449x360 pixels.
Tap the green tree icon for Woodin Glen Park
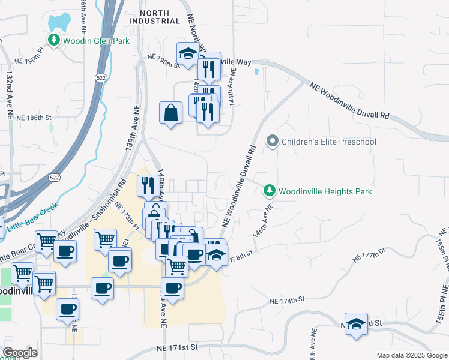[x=55, y=40]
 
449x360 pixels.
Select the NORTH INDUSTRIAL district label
[x=160, y=16]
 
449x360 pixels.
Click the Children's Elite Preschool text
[x=330, y=142]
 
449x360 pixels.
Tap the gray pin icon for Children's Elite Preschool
[x=273, y=142]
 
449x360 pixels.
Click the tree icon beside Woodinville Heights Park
[x=270, y=191]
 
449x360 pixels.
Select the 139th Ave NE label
[x=133, y=123]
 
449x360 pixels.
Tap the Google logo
[x=20, y=353]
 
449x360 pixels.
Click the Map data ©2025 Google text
[x=411, y=355]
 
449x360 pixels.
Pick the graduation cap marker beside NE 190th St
[x=188, y=54]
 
